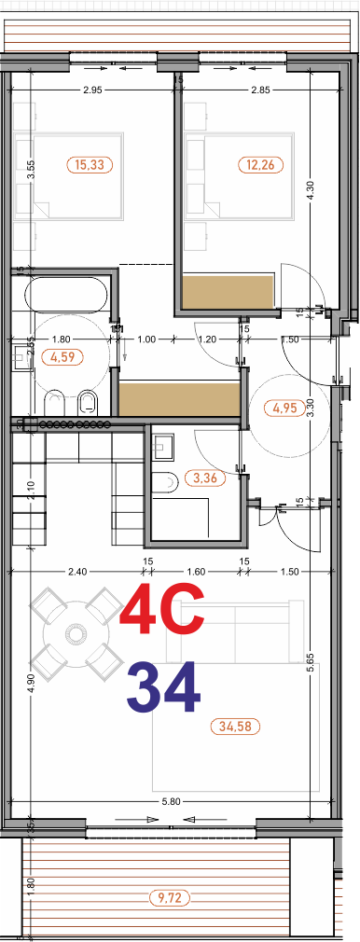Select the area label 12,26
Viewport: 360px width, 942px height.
click(257, 165)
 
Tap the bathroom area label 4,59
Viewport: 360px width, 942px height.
click(64, 357)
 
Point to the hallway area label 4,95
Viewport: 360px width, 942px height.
click(284, 408)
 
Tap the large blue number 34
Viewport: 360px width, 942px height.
click(163, 687)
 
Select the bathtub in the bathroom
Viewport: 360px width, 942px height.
click(65, 298)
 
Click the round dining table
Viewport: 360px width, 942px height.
click(74, 636)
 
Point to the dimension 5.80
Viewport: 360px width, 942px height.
click(170, 800)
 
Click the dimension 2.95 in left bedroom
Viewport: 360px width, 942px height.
click(91, 90)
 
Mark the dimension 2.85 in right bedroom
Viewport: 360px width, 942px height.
click(261, 90)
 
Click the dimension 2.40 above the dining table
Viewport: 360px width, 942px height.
click(76, 571)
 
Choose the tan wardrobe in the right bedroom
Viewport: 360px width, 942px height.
click(228, 293)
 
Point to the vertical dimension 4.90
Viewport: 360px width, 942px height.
click(31, 681)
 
